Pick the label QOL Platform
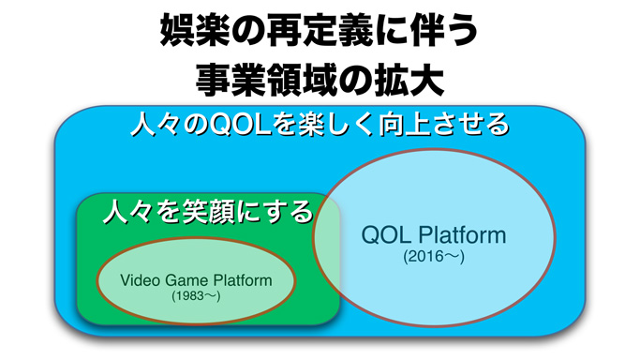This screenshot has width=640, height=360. point(433,234)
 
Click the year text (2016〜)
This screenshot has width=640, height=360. point(434,256)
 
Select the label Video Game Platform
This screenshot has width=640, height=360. point(196,279)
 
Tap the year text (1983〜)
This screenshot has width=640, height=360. point(196,295)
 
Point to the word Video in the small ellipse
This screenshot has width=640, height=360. point(139,279)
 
